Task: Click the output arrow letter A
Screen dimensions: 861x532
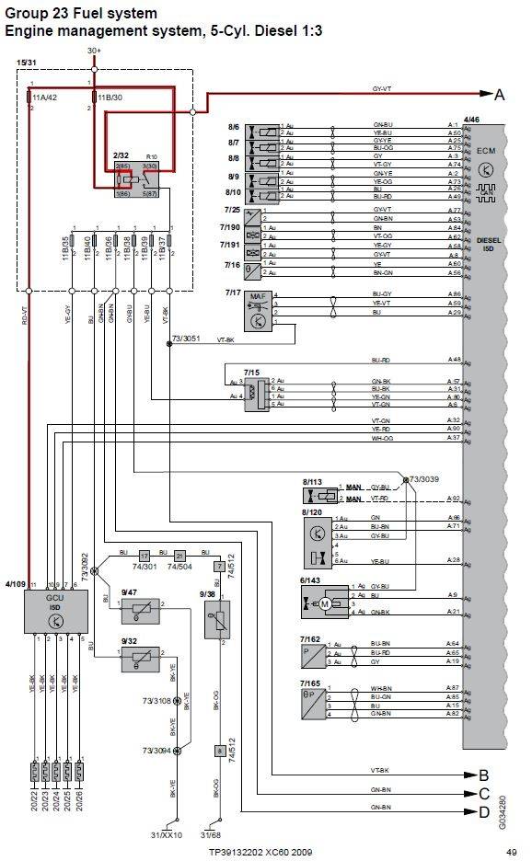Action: click(x=500, y=95)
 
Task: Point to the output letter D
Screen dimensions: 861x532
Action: click(x=483, y=810)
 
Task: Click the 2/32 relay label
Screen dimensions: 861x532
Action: click(x=120, y=157)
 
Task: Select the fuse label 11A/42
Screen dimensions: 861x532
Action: click(x=45, y=95)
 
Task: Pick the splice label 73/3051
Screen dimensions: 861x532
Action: click(x=185, y=339)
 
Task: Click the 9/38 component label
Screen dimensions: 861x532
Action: click(x=207, y=594)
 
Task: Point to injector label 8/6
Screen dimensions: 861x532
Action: click(x=234, y=126)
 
